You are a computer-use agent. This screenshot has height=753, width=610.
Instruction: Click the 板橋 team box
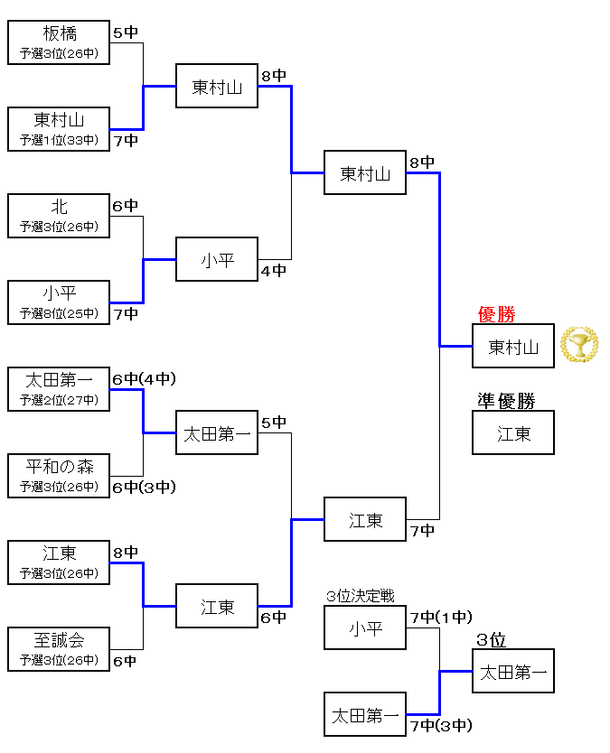pos(59,42)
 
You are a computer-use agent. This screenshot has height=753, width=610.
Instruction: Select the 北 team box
pos(59,216)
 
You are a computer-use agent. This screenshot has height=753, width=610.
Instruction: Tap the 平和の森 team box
pos(59,476)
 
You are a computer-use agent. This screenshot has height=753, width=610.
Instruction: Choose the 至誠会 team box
pos(59,649)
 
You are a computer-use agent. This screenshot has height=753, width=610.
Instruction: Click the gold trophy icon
pos(578,345)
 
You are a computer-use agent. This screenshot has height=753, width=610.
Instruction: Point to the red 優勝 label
pos(496,314)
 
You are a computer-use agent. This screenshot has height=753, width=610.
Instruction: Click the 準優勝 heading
pos(506,400)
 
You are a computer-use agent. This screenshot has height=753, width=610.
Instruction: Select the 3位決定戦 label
pos(361,597)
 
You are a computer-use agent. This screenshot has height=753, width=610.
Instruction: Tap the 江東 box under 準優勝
pos(513,432)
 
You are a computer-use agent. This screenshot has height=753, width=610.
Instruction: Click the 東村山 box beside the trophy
pos(513,346)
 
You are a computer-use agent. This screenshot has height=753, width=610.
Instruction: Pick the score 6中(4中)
pos(144,379)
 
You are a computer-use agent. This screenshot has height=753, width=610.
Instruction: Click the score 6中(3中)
pos(144,488)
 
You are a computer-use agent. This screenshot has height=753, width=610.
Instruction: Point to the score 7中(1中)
pos(440,618)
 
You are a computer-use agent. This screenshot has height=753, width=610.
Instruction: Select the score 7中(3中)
pos(440,725)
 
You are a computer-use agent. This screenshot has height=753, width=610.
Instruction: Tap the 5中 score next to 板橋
pos(126,33)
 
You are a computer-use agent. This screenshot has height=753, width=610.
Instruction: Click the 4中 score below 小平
pos(274,270)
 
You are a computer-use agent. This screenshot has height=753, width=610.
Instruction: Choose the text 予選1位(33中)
pos(59,140)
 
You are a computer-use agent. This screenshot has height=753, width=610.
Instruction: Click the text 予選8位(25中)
pos(59,313)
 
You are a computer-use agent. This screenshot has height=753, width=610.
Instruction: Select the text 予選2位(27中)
pos(59,400)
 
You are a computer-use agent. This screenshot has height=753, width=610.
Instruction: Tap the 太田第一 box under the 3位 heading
pos(513,671)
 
